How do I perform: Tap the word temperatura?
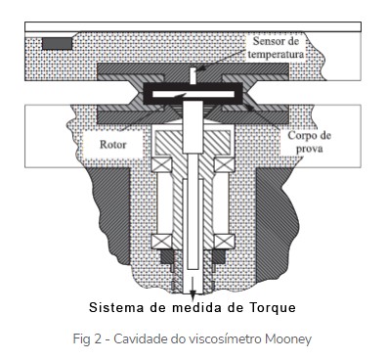(x=276, y=54)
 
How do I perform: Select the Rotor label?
(x=112, y=145)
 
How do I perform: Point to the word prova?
(x=310, y=149)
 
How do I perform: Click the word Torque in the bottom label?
(x=273, y=308)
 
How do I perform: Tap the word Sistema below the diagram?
(x=116, y=307)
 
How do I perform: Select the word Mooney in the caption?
(x=288, y=339)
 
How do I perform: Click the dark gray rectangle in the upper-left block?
(x=57, y=43)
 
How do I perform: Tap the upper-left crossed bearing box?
(x=161, y=164)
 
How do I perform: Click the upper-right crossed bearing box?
(x=224, y=164)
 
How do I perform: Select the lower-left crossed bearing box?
(x=161, y=242)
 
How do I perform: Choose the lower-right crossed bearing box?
(x=224, y=242)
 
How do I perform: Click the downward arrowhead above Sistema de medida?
(x=193, y=295)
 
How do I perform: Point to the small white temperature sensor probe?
(x=193, y=75)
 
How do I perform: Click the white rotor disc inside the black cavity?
(x=193, y=95)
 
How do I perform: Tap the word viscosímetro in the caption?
(x=216, y=339)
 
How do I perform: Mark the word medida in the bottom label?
(x=196, y=307)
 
